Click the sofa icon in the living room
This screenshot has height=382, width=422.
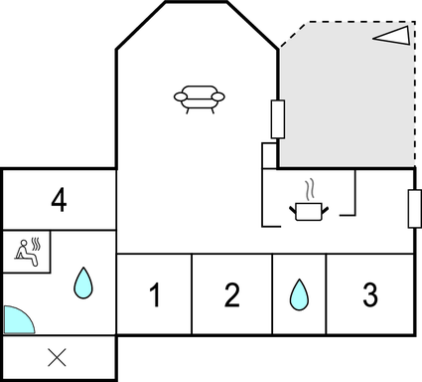click(x=199, y=96)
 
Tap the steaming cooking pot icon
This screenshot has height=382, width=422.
click(x=308, y=210)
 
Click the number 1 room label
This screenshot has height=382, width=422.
click(x=155, y=295)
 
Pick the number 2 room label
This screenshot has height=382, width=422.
click(x=232, y=295)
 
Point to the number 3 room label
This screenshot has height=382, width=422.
click(x=369, y=295)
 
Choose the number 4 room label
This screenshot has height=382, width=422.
click(x=59, y=200)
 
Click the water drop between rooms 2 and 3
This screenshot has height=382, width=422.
click(x=299, y=295)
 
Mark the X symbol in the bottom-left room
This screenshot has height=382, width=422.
click(x=58, y=358)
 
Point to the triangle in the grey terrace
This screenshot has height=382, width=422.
click(x=392, y=36)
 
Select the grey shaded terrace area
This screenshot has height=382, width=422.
click(x=348, y=109)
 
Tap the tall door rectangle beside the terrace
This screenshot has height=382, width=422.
click(x=278, y=119)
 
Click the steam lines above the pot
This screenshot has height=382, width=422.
click(x=310, y=188)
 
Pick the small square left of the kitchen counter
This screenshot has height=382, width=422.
click(x=269, y=156)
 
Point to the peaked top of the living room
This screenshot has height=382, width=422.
click(x=197, y=4)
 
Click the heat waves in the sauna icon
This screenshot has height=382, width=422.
click(x=37, y=245)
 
